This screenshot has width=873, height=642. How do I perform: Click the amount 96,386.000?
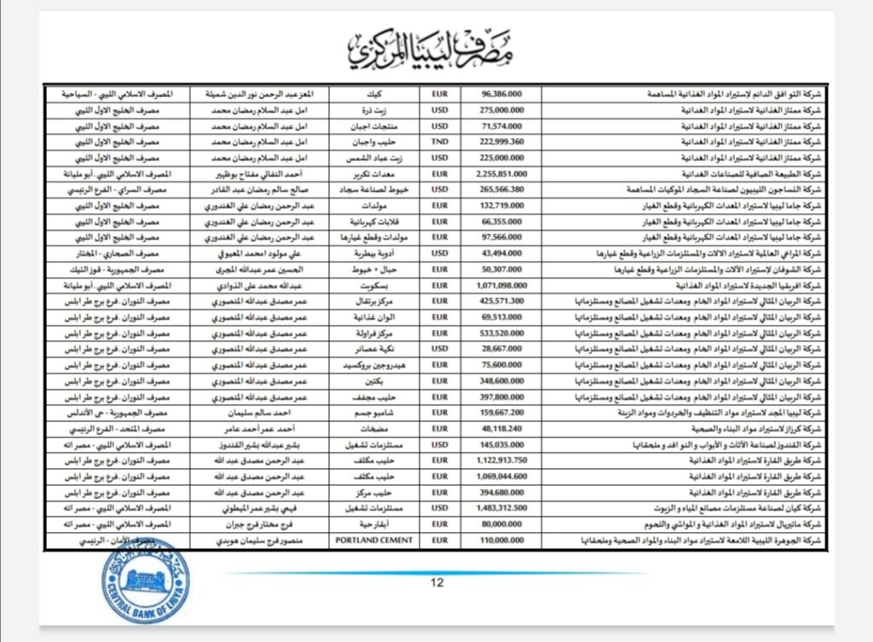pos(502,95)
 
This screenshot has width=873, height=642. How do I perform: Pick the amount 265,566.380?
pos(502,188)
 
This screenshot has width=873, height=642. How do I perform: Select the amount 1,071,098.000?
pos(502,284)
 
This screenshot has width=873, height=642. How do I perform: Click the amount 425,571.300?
pos(502,300)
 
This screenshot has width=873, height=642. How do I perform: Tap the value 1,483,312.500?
pos(502,508)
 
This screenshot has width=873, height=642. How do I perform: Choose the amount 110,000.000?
pos(502,541)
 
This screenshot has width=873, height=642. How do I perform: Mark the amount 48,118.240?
pos(502,428)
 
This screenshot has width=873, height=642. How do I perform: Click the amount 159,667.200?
pos(502,413)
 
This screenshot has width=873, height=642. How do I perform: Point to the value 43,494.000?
pos(502,252)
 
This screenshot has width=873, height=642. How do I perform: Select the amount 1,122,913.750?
pos(502,460)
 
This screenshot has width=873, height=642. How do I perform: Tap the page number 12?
pos(436,583)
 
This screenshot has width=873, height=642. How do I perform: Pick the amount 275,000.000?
pos(502,110)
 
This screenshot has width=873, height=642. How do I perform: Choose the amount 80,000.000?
pos(502,524)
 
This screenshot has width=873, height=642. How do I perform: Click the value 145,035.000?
pos(502,444)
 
